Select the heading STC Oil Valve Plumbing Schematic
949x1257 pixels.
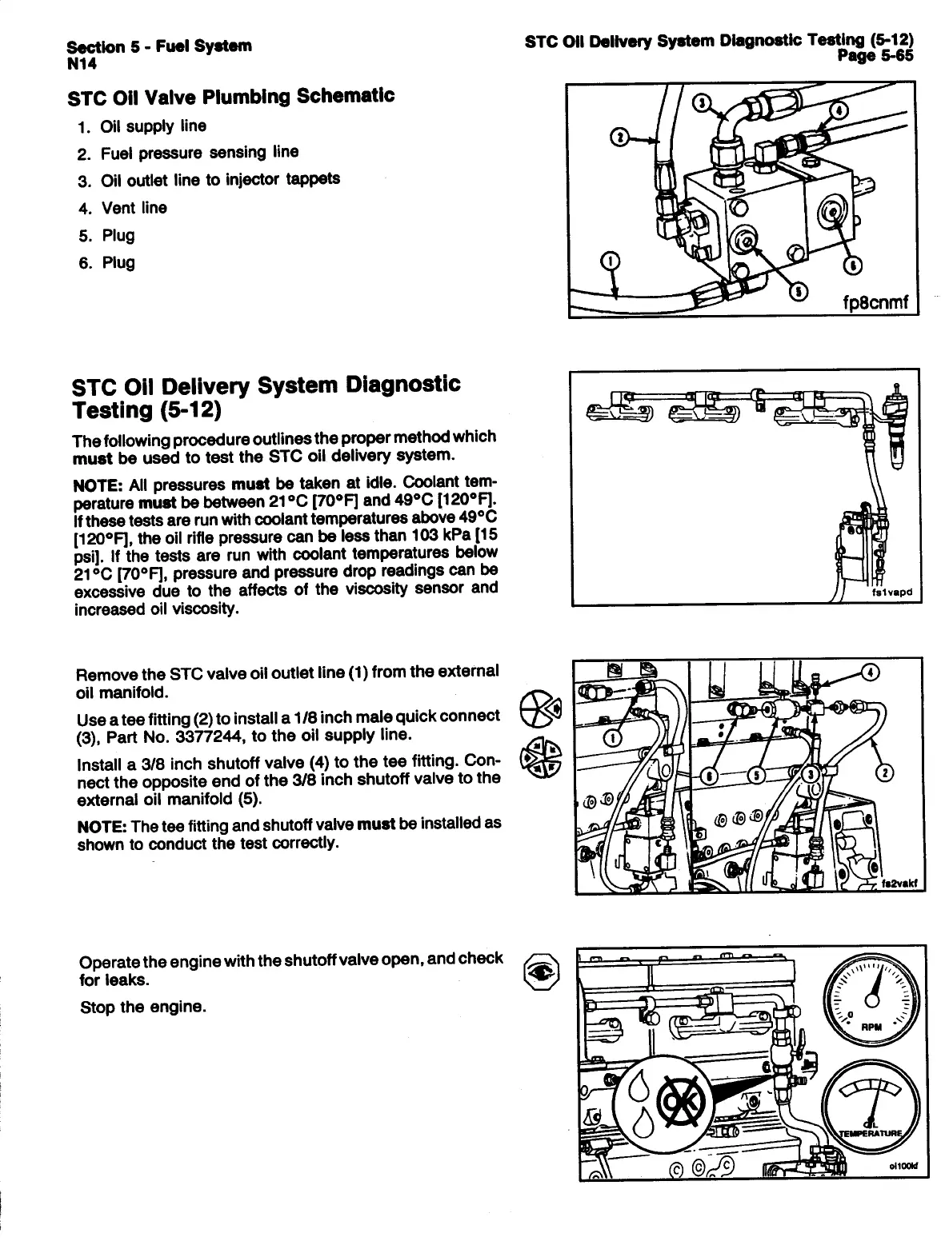pyautogui.click(x=232, y=97)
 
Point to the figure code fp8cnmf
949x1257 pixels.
pyautogui.click(x=878, y=304)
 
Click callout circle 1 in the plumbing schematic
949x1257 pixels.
pyautogui.click(x=611, y=261)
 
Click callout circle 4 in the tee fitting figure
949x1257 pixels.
pyautogui.click(x=871, y=672)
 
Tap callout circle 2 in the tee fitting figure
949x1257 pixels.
pyautogui.click(x=887, y=772)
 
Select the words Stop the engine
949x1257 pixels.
pyautogui.click(x=144, y=1007)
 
